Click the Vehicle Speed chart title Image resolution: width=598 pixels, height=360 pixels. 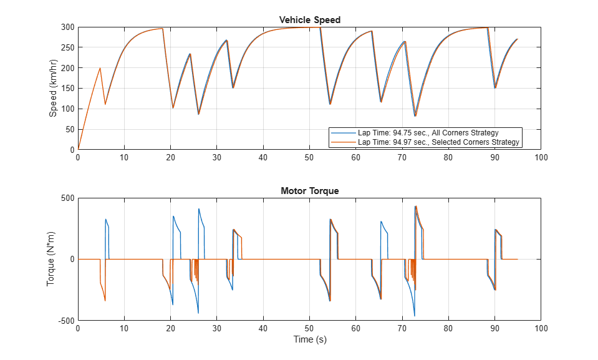pyautogui.click(x=309, y=20)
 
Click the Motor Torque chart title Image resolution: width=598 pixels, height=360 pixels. pyautogui.click(x=309, y=191)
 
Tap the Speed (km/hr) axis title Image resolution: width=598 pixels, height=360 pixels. pyautogui.click(x=53, y=88)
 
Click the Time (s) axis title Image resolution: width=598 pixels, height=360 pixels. pyautogui.click(x=309, y=339)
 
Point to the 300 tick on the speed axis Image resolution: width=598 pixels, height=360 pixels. pyautogui.click(x=67, y=27)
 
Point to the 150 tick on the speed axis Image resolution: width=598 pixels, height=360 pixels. pyautogui.click(x=67, y=89)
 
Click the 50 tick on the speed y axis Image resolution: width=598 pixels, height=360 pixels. pyautogui.click(x=69, y=129)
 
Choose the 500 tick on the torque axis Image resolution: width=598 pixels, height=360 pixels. pyautogui.click(x=67, y=198)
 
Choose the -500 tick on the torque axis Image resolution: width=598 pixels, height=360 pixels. pyautogui.click(x=65, y=320)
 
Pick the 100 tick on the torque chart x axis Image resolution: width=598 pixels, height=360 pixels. pyautogui.click(x=541, y=328)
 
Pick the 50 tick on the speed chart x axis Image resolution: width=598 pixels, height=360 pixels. pyautogui.click(x=309, y=157)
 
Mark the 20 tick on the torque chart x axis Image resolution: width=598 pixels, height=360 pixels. pyautogui.click(x=170, y=328)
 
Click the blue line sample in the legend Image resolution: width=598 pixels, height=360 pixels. pyautogui.click(x=344, y=133)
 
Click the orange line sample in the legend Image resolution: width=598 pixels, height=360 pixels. pyautogui.click(x=344, y=142)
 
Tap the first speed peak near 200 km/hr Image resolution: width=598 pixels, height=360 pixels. pyautogui.click(x=100, y=68)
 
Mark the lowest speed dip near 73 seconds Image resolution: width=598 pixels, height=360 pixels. pyautogui.click(x=415, y=116)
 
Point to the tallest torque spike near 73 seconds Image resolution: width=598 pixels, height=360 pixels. pyautogui.click(x=415, y=206)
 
